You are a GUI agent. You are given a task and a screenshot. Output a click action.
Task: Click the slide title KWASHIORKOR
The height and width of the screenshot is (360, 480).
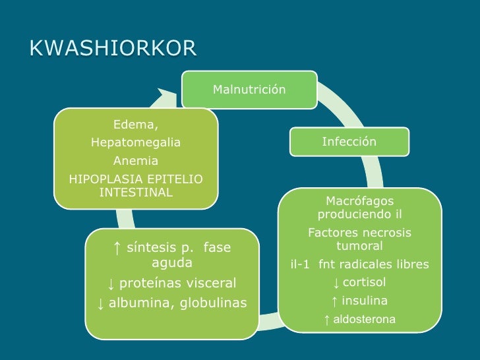tap(113, 48)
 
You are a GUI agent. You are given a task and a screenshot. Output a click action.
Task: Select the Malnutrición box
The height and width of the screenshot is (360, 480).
tap(249, 89)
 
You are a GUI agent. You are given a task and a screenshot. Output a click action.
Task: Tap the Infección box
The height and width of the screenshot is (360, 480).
tap(349, 142)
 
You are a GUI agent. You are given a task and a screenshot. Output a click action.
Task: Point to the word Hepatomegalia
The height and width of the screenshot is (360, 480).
tap(136, 143)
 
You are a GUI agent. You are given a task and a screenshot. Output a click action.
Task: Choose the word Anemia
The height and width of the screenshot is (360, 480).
tap(136, 161)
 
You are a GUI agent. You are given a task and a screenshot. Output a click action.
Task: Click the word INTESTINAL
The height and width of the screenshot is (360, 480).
tap(136, 193)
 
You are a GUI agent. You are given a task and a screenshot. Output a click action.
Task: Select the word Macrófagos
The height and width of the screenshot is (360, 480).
tap(359, 200)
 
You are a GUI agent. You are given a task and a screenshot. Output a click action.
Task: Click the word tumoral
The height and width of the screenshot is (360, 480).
tap(359, 246)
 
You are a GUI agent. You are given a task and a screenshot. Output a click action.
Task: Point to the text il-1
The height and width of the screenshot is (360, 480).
tap(301, 264)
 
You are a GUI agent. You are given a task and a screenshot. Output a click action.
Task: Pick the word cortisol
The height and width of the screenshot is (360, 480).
tap(365, 283)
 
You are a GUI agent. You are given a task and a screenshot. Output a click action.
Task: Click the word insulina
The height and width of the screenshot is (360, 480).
tap(365, 301)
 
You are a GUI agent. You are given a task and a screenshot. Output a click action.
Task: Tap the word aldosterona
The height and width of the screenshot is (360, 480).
tap(365, 320)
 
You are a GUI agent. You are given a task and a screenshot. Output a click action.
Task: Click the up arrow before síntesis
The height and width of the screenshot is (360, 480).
tap(116, 248)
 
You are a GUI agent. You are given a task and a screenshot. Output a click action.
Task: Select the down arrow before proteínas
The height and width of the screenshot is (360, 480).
tap(111, 284)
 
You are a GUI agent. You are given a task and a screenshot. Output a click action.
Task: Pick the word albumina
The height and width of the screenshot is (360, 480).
tap(138, 303)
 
